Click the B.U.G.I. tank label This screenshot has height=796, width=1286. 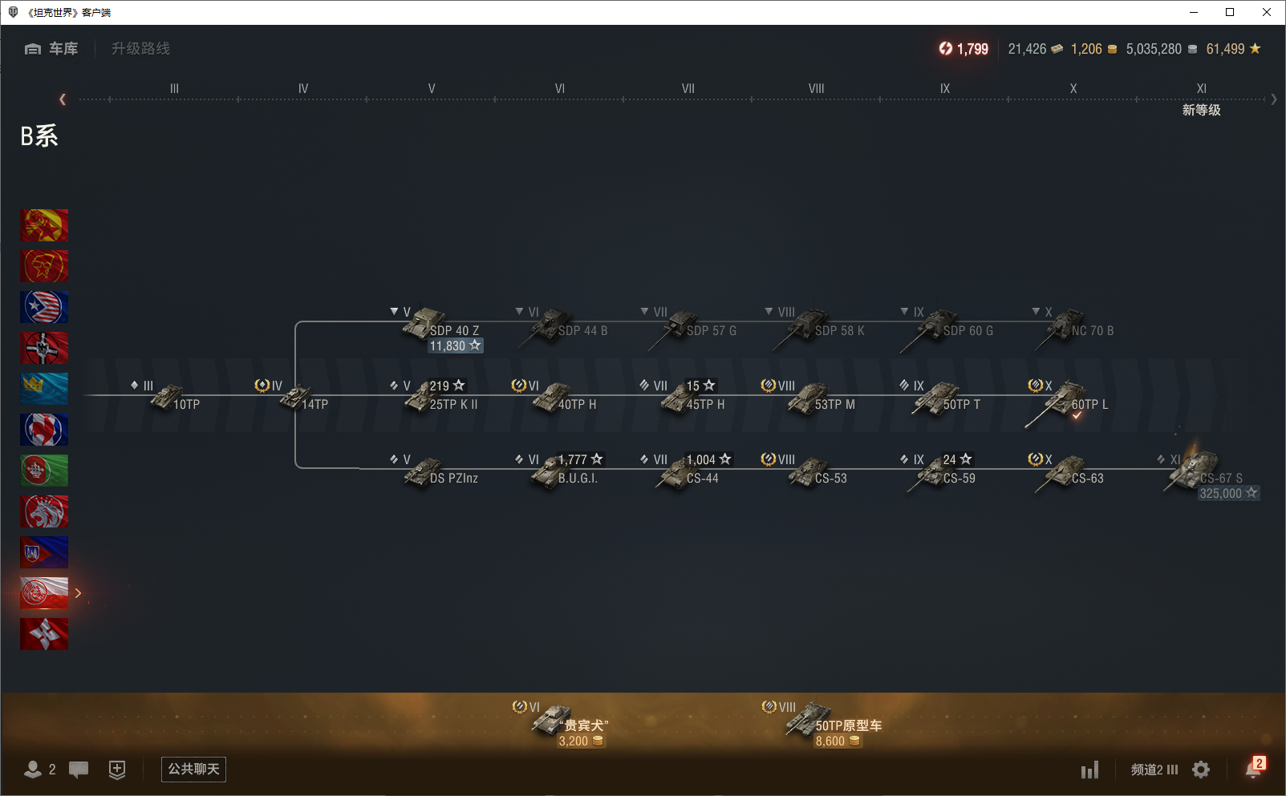point(578,479)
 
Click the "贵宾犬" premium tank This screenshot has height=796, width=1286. point(570,721)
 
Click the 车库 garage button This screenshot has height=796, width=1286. point(52,49)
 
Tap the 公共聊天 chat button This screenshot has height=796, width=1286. point(193,770)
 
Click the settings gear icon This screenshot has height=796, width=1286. point(1201,770)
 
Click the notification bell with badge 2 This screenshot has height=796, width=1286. point(1253,769)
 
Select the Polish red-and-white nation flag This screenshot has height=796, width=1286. point(44,593)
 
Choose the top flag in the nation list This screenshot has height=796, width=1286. point(44,225)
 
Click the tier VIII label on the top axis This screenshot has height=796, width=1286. point(816,89)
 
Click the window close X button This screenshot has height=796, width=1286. point(1267,12)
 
